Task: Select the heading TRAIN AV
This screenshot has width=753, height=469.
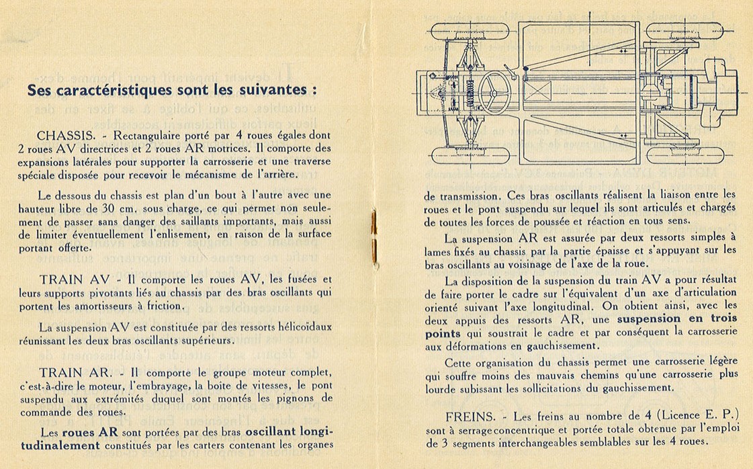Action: (70, 279)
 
